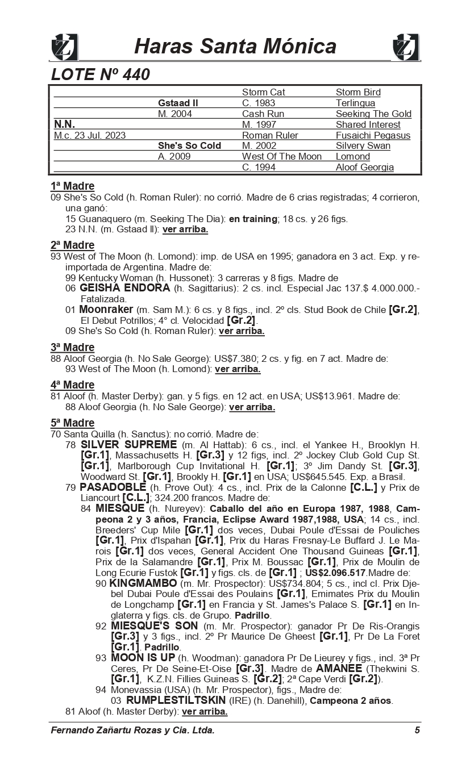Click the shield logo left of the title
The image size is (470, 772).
coord(64,47)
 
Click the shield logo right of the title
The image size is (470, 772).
coord(406,47)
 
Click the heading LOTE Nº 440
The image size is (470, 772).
coord(101,74)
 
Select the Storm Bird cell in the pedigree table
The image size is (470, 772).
coord(358,93)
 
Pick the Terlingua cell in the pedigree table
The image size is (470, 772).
coord(355,103)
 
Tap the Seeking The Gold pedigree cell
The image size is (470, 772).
coord(373,114)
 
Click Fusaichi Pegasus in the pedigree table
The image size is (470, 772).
coord(373,135)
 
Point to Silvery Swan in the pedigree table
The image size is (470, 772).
coord(363,146)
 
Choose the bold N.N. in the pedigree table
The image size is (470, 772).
coord(64,124)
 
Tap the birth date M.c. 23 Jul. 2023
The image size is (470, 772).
coord(90,135)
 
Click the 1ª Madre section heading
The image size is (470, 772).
coord(72,186)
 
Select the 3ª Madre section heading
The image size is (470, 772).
coord(72,347)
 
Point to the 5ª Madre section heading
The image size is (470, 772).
coord(72,423)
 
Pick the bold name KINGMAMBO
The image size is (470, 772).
coord(143,583)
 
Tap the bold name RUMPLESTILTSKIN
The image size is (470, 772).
coord(176,700)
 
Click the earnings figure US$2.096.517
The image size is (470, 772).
coord(336,573)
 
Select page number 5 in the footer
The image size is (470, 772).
coord(417,731)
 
